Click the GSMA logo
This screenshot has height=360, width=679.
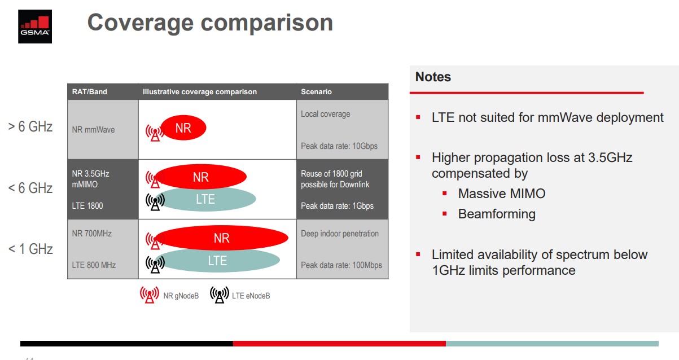tap(35, 27)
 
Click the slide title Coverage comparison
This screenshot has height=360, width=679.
tap(210, 23)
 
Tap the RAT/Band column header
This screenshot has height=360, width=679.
tap(89, 91)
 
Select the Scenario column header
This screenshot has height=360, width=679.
tap(316, 91)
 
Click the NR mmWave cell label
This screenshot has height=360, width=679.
tap(93, 130)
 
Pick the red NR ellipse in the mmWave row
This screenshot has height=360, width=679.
tap(183, 128)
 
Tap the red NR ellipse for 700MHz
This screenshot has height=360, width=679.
tap(221, 238)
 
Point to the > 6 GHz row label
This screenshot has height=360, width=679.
tap(30, 126)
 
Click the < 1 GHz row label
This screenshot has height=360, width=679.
tap(30, 249)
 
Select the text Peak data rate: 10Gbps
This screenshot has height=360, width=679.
tap(339, 146)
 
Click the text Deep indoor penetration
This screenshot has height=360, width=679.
tap(340, 234)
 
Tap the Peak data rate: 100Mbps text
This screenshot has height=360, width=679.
tap(341, 265)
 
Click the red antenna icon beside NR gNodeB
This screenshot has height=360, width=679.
tap(149, 295)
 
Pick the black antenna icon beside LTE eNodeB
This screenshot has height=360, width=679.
tap(220, 295)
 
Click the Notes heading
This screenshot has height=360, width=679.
tap(433, 77)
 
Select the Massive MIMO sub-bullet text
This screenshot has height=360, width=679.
tap(502, 194)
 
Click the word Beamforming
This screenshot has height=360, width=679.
tap(497, 214)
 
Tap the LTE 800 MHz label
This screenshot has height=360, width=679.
tap(94, 265)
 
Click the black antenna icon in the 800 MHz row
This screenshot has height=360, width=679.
tap(155, 265)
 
